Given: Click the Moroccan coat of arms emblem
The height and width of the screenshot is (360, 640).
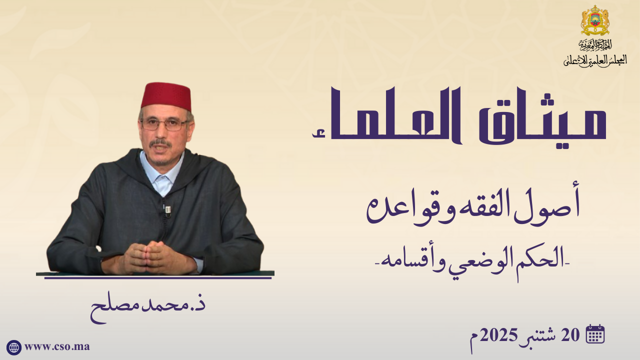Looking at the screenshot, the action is click(595, 20).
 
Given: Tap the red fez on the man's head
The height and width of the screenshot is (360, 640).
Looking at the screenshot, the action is click(166, 96).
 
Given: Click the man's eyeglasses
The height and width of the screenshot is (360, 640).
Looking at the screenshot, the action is click(164, 124).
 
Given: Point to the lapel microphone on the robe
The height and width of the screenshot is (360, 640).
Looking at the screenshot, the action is click(167, 209).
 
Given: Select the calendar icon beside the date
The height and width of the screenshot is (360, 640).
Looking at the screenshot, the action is click(595, 333).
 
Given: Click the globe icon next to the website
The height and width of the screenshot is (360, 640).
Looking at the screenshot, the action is click(13, 347).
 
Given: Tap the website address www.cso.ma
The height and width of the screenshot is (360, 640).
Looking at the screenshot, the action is click(57, 347).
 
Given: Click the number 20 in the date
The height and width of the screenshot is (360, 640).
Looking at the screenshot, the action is click(570, 335).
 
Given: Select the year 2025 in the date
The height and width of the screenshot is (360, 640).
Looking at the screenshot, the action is click(498, 335).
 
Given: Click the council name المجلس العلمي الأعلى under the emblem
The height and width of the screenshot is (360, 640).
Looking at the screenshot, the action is click(595, 60).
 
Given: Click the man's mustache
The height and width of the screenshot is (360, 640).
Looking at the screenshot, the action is click(160, 142).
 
